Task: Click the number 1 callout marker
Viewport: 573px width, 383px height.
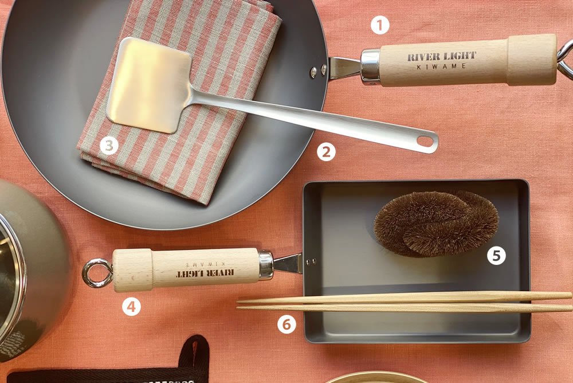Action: pos(380,25)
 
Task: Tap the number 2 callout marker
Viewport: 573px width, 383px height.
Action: pos(326,152)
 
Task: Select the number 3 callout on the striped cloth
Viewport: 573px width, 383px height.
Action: pos(109,146)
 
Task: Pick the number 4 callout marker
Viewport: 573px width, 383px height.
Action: pos(131,307)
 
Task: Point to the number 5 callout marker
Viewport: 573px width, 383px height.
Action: pos(496,255)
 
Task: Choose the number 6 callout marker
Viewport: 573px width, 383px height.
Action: pos(286,324)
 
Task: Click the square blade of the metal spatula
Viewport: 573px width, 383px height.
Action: pos(150,84)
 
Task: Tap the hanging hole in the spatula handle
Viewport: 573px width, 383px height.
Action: pos(425,140)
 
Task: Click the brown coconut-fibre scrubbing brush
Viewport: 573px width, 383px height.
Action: pos(436,224)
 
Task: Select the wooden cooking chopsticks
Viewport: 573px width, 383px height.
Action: pos(405,302)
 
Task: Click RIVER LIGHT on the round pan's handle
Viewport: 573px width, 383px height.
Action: pos(441,56)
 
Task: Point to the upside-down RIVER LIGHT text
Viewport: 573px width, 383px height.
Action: pos(205,273)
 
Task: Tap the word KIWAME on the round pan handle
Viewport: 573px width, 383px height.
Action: pos(442,67)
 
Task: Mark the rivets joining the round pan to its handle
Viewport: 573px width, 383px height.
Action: pos(318,70)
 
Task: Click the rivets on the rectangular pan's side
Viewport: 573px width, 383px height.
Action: pos(311,261)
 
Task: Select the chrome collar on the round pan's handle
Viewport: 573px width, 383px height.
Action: pos(371,66)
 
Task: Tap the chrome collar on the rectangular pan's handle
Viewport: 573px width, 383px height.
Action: pos(266,265)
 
